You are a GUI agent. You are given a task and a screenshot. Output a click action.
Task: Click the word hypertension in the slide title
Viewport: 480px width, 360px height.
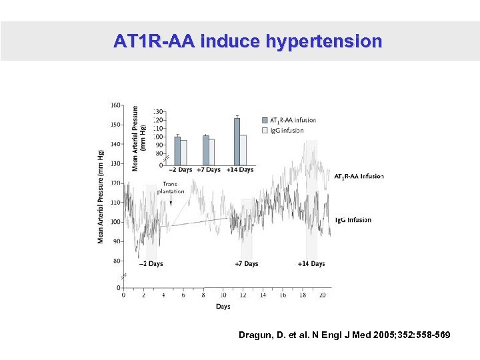pyautogui.click(x=324, y=41)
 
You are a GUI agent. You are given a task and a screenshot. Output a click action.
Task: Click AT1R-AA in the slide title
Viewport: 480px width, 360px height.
pyautogui.click(x=153, y=41)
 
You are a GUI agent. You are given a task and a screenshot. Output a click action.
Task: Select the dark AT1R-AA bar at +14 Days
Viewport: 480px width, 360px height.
pyautogui.click(x=237, y=141)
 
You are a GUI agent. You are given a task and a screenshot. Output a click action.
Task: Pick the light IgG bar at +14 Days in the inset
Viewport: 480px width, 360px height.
pyautogui.click(x=243, y=150)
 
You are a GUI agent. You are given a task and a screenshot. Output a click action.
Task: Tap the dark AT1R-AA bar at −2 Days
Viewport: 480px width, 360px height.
pyautogui.click(x=177, y=151)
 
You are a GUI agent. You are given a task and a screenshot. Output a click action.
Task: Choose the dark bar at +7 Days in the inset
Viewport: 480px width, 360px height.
pyautogui.click(x=205, y=150)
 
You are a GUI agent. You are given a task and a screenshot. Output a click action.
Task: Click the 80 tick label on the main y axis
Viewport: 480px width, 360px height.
pyautogui.click(x=117, y=261)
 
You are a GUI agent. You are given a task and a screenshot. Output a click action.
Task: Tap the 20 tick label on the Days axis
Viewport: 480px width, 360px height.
pyautogui.click(x=323, y=295)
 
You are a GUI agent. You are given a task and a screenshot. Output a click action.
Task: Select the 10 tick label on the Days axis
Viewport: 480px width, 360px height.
pyautogui.click(x=223, y=295)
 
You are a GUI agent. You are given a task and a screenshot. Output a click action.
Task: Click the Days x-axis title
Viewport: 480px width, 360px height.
pyautogui.click(x=223, y=307)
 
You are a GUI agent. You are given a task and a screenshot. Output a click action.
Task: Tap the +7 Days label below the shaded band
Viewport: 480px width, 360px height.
pyautogui.click(x=246, y=264)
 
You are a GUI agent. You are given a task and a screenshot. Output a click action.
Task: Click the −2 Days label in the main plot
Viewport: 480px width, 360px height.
pyautogui.click(x=151, y=264)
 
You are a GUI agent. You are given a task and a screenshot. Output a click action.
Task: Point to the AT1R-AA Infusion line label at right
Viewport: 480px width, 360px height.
pyautogui.click(x=359, y=177)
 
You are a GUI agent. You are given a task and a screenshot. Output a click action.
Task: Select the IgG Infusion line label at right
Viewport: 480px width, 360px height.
pyautogui.click(x=353, y=220)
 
